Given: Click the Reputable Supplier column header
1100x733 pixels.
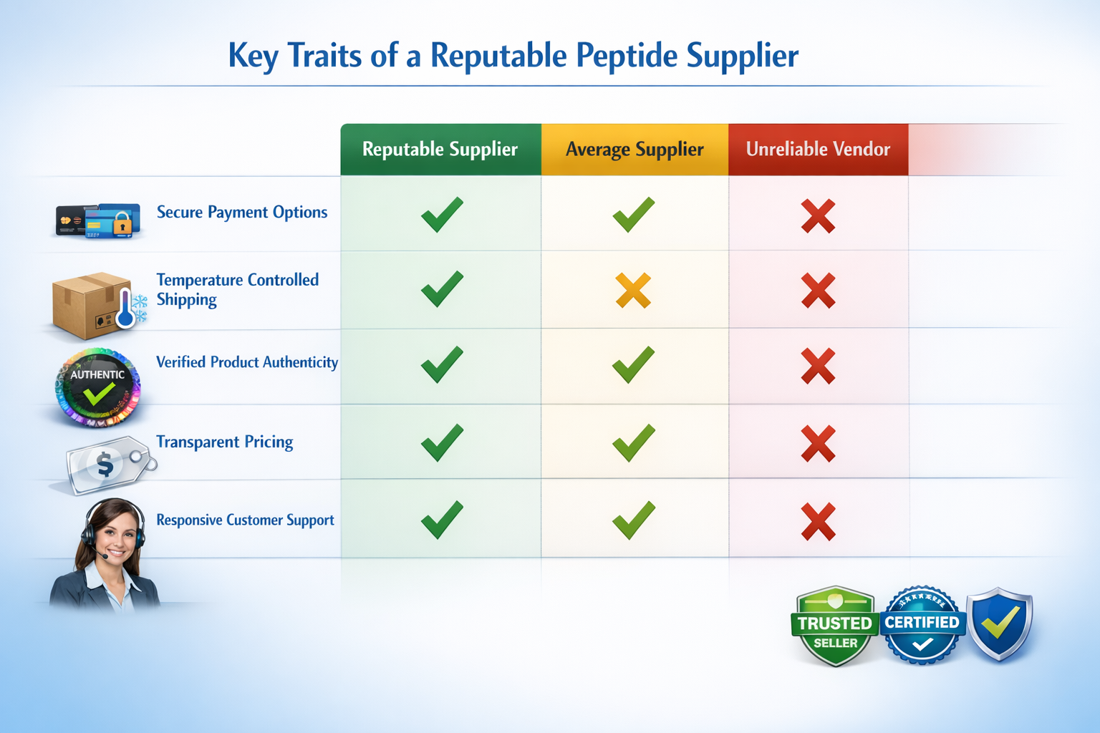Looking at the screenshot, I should (440, 149).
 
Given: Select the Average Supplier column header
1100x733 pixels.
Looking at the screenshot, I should (635, 149).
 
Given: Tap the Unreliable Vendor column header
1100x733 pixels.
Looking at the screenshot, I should (818, 149).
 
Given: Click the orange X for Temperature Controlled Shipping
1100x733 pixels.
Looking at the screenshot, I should (633, 291).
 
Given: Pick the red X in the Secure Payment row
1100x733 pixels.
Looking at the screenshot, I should (818, 216).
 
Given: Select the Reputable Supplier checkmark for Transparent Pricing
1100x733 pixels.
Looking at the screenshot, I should (442, 442).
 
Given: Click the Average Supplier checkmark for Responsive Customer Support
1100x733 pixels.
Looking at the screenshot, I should (634, 520).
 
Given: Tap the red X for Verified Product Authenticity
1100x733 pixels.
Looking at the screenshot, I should (818, 366).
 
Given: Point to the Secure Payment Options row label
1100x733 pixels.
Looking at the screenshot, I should (242, 213).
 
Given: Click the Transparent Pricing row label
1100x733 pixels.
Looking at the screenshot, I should (225, 442).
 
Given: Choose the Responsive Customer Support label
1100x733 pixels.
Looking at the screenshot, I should (245, 520).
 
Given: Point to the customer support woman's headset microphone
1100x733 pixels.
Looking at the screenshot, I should (104, 555).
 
